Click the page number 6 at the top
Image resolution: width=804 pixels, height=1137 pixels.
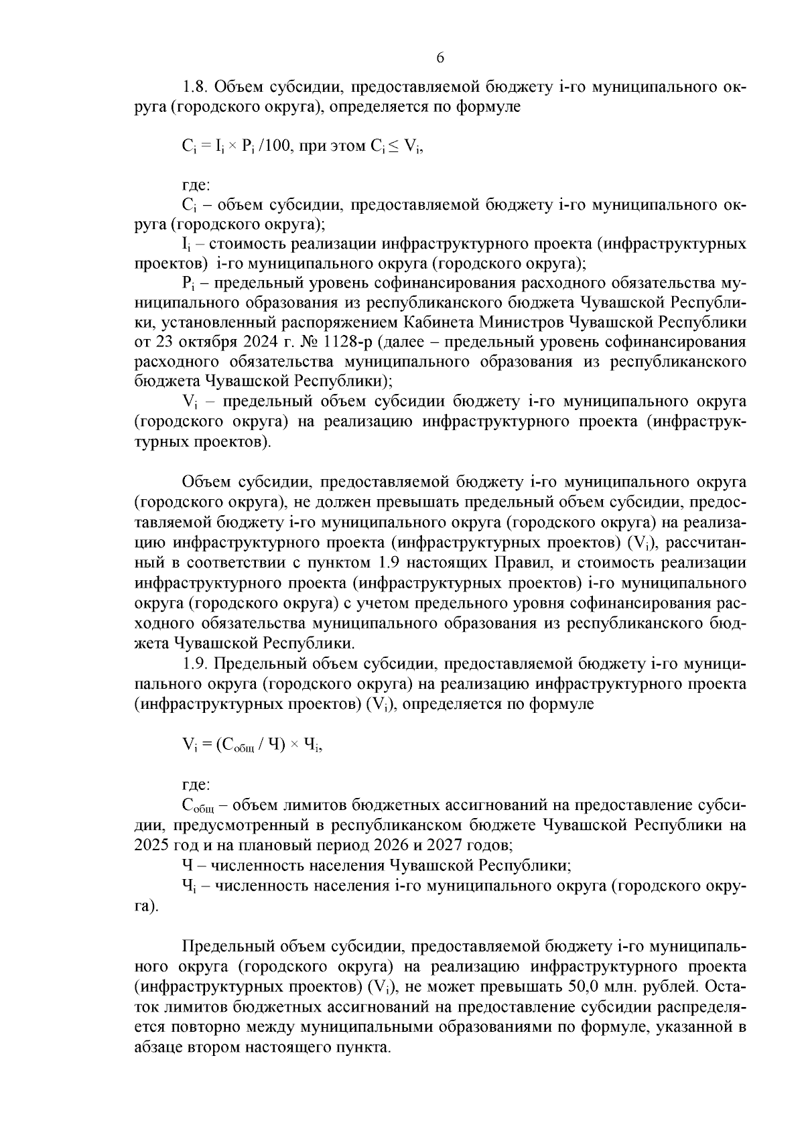click(x=440, y=58)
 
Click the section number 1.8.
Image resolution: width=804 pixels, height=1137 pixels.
click(x=195, y=88)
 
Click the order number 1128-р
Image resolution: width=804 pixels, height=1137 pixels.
click(x=348, y=342)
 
